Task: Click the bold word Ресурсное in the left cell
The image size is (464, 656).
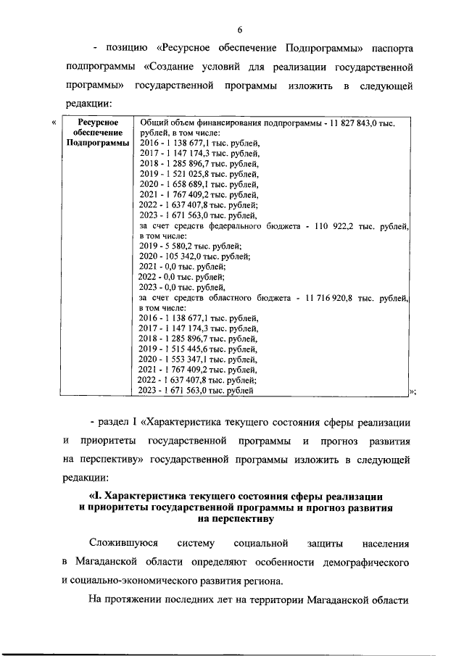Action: coord(93,123)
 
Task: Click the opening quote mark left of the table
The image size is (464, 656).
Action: coord(55,123)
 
